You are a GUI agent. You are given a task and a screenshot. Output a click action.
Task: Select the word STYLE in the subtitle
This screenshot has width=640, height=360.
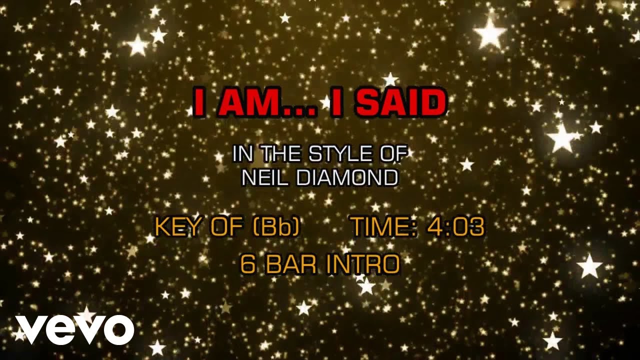pyautogui.click(x=335, y=154)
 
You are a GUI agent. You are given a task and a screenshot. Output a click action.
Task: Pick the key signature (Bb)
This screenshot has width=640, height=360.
pyautogui.click(x=276, y=227)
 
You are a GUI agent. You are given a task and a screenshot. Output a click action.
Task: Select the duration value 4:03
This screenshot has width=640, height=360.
pyautogui.click(x=455, y=227)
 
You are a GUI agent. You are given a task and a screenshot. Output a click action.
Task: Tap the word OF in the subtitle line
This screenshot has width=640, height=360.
pyautogui.click(x=389, y=154)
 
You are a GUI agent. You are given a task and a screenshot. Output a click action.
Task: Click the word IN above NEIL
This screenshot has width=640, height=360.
pyautogui.click(x=242, y=154)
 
